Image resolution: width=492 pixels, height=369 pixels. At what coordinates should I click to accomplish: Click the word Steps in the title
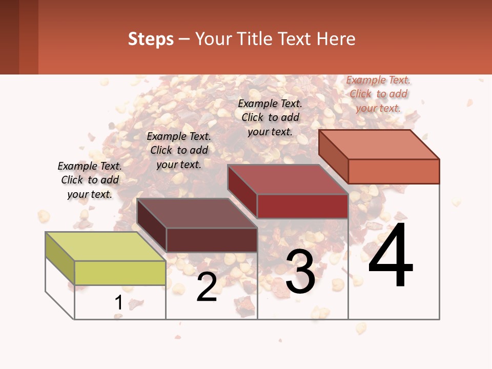[151, 39]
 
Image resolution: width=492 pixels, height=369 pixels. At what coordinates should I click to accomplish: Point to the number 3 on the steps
[300, 272]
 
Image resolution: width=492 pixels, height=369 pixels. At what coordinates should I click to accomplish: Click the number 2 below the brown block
[207, 287]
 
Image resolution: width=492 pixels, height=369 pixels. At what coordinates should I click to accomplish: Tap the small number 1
[118, 303]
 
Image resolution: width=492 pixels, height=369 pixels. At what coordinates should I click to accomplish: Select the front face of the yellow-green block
[120, 273]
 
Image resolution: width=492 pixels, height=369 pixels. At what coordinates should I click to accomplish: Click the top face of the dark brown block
[197, 213]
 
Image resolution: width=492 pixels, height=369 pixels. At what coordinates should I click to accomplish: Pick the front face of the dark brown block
[212, 240]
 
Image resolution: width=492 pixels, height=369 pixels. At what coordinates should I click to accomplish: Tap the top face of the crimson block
[288, 179]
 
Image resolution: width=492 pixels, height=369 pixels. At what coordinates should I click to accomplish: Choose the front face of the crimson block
[302, 206]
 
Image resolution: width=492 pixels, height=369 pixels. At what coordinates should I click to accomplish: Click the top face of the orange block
[379, 144]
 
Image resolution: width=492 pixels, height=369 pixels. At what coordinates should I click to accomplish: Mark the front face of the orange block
[394, 171]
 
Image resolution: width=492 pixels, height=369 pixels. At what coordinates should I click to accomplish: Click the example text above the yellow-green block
[90, 180]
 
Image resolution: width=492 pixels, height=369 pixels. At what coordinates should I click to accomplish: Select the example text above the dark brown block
[179, 150]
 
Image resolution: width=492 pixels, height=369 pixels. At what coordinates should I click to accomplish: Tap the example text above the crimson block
[270, 117]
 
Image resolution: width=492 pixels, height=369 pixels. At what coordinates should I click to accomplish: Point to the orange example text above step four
[378, 94]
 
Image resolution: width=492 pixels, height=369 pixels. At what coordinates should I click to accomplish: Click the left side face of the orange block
[333, 156]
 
